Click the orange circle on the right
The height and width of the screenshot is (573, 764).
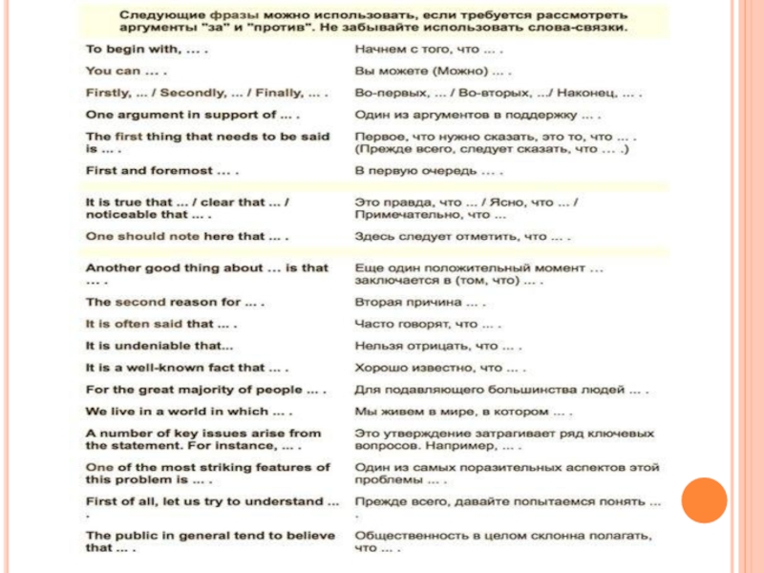(x=705, y=499)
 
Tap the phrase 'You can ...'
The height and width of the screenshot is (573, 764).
(x=127, y=71)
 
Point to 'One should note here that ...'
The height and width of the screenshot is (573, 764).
(x=187, y=235)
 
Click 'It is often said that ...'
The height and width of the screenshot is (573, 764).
(x=161, y=324)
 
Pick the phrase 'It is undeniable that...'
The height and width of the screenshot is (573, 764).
(x=159, y=346)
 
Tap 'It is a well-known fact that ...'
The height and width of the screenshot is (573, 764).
(x=187, y=368)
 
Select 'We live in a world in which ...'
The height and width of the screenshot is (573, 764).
(x=189, y=412)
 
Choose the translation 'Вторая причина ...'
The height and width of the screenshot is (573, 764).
(x=420, y=302)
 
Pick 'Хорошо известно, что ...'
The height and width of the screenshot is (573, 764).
(x=440, y=368)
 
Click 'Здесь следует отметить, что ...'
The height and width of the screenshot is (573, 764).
(x=463, y=235)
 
